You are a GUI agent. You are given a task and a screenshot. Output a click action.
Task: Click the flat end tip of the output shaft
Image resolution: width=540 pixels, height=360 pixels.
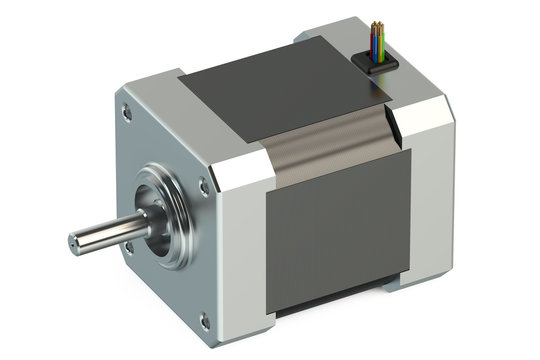(75, 243)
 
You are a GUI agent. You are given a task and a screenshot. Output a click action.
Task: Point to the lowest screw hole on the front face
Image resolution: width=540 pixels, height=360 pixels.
(205, 321)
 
